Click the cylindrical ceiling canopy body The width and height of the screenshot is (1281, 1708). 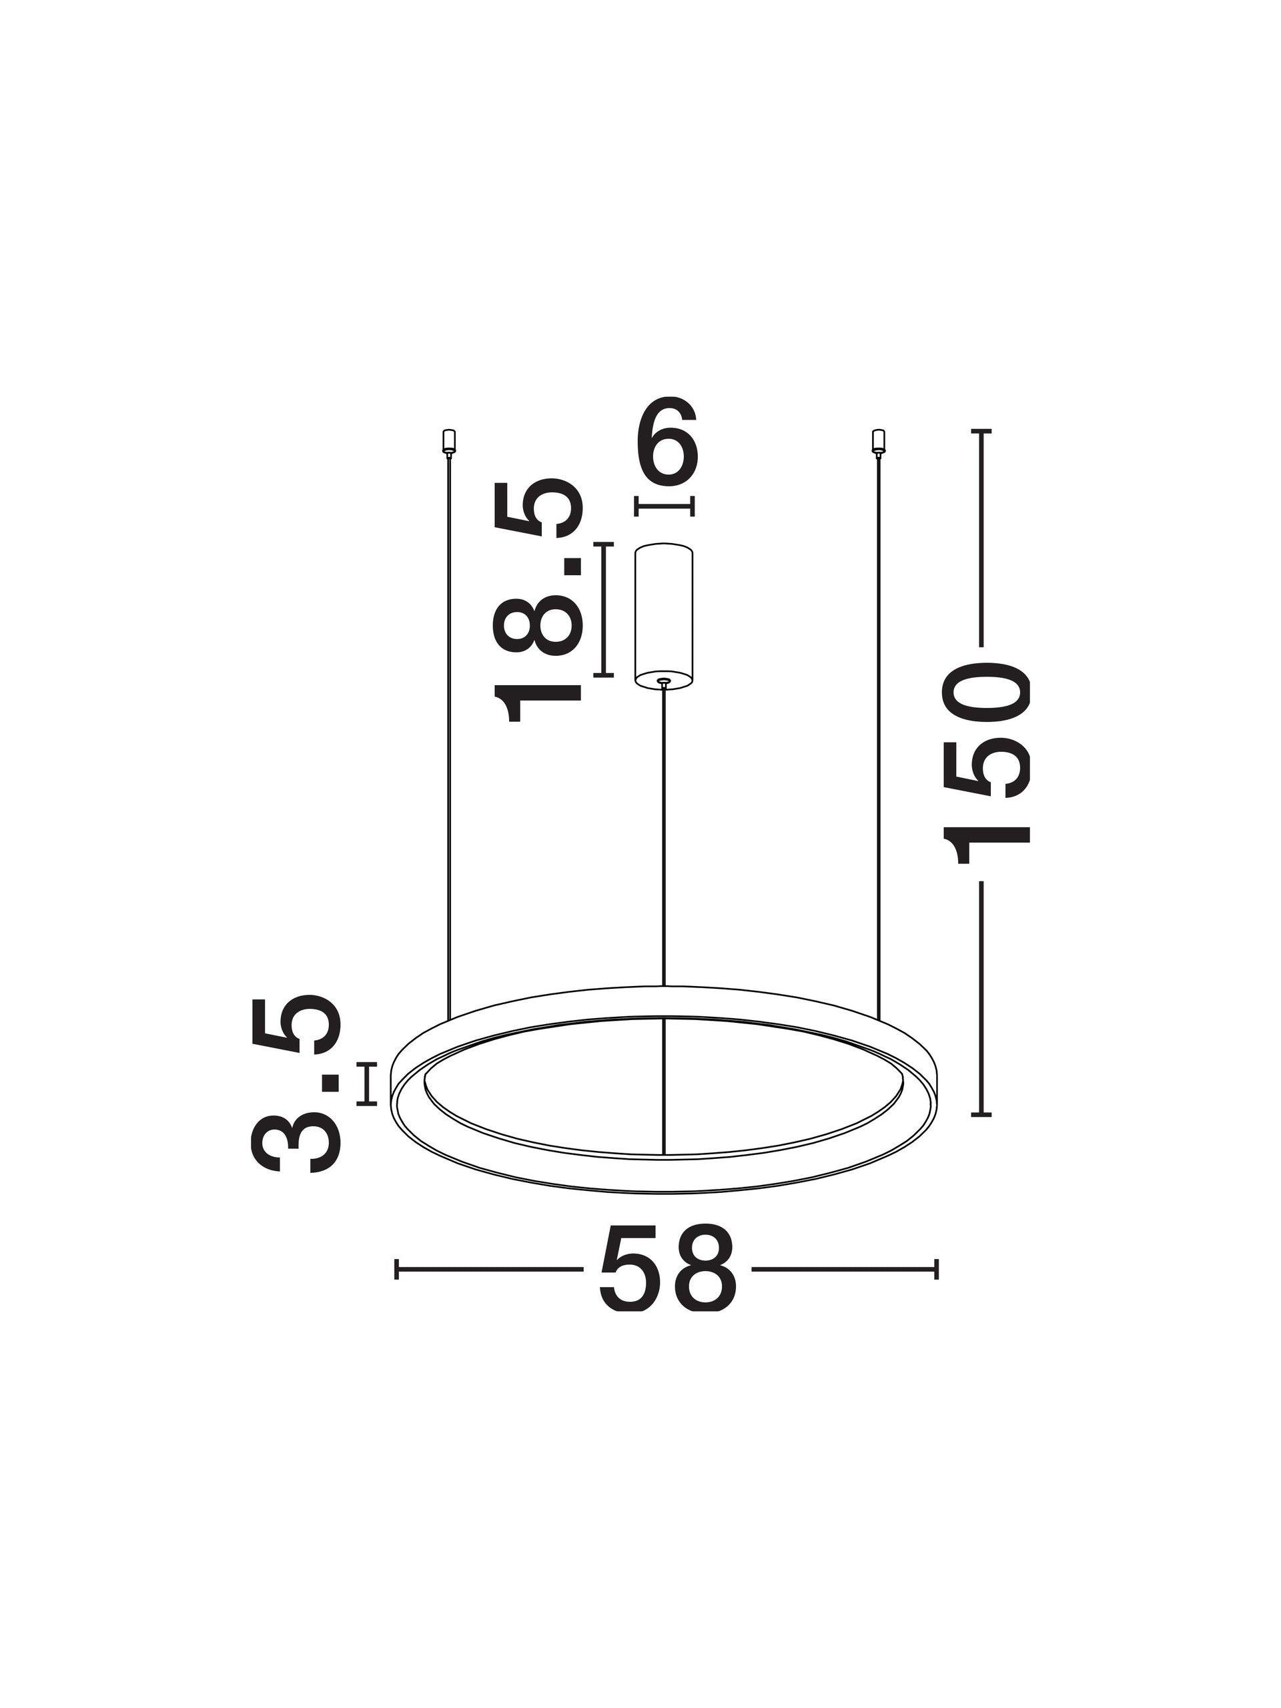pos(663,614)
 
